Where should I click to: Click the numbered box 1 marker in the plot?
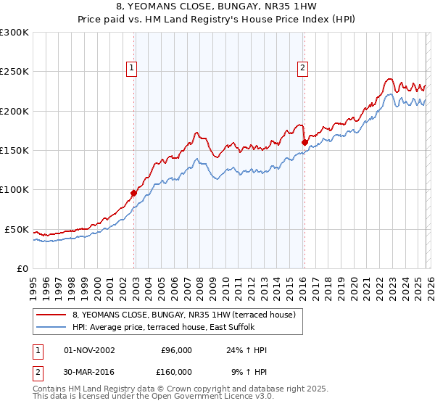click(x=132, y=68)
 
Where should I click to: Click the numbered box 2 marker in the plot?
click(x=302, y=68)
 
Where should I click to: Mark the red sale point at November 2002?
click(x=134, y=194)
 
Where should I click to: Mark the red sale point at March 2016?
click(x=304, y=143)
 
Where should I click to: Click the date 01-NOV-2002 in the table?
click(x=89, y=350)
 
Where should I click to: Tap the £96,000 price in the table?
click(x=176, y=350)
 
